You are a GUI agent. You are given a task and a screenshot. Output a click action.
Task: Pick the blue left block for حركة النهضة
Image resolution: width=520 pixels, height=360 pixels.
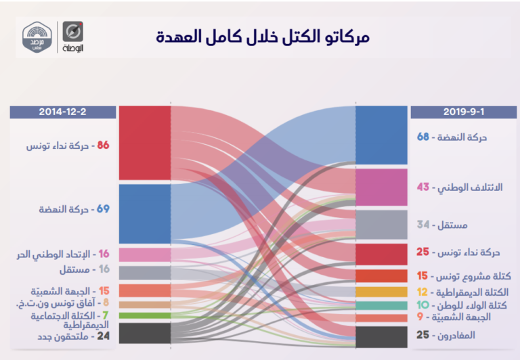point(144,213)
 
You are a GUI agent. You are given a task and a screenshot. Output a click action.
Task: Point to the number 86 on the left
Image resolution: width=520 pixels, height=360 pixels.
point(103,145)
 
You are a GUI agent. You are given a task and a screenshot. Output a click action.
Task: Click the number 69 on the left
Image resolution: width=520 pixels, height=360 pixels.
point(103,209)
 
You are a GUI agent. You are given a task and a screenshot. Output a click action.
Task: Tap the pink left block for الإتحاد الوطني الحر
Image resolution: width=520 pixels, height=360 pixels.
point(144,254)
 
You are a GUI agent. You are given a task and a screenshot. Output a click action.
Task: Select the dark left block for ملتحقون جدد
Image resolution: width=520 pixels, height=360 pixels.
point(144,332)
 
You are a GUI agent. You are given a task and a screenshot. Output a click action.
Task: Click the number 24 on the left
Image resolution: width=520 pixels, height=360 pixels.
point(103,334)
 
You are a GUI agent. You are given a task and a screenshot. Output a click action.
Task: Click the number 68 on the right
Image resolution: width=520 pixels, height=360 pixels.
point(424,137)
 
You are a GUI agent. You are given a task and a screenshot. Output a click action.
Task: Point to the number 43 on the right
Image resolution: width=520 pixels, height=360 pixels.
point(423,187)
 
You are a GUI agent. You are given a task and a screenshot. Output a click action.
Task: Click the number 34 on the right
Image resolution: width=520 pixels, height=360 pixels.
point(424,225)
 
